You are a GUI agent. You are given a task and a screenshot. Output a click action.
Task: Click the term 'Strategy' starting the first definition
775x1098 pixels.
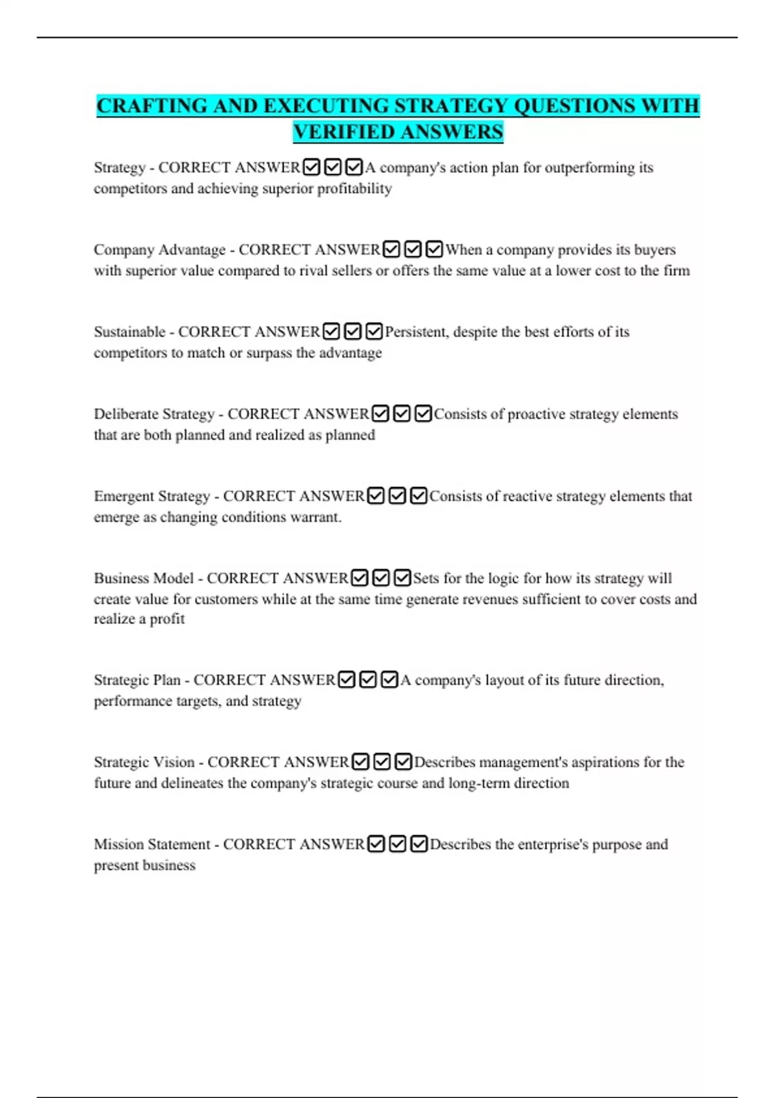click(x=119, y=168)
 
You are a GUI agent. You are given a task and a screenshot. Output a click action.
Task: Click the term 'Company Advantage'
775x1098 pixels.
click(x=160, y=250)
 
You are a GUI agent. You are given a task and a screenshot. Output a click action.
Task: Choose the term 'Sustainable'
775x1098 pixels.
click(x=130, y=332)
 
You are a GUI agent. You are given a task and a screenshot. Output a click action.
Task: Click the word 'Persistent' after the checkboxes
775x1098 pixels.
click(x=417, y=332)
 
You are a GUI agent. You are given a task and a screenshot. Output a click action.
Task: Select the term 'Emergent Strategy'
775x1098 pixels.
click(x=152, y=496)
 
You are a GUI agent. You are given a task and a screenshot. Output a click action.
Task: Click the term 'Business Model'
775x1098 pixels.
click(x=143, y=578)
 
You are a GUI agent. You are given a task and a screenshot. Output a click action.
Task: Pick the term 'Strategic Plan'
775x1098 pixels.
click(x=137, y=680)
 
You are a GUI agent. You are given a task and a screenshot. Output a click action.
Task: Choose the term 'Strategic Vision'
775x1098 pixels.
click(x=144, y=762)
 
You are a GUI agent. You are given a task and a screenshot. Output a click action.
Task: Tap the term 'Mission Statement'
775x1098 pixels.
click(x=152, y=844)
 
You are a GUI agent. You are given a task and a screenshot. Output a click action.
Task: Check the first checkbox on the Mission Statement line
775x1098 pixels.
click(x=376, y=844)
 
